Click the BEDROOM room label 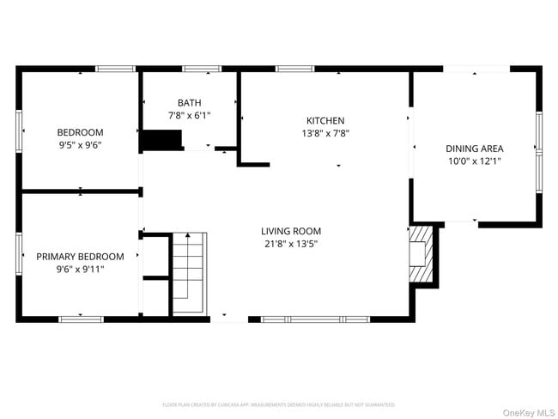tap(80, 132)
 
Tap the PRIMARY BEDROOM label tap(80, 256)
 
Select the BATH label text tap(189, 102)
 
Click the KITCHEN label tap(325, 121)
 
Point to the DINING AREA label tap(474, 149)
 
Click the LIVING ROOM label tap(291, 231)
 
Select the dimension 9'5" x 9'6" tap(80, 145)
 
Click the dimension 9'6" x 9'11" tap(80, 269)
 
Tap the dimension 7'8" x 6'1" tap(189, 115)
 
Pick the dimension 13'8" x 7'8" tap(325, 134)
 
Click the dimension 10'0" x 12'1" tap(474, 161)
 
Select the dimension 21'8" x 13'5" tap(291, 244)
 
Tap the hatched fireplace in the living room tap(422, 253)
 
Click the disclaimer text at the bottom tap(278, 404)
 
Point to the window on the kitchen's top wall tap(294, 68)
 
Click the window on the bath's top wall tap(202, 68)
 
